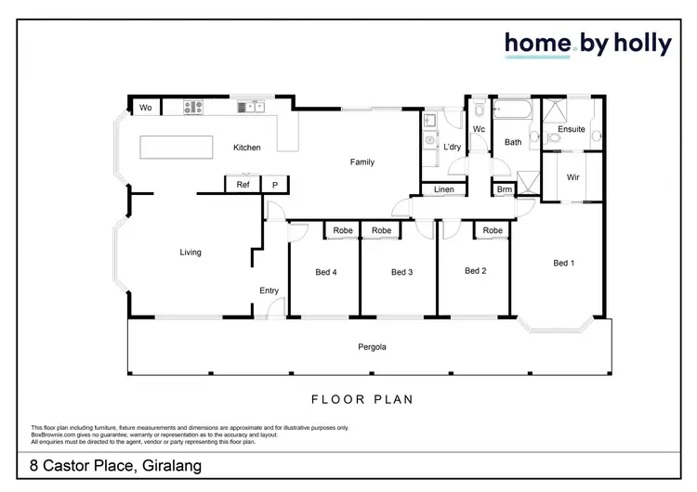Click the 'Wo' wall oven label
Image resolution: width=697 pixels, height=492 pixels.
(x=146, y=108)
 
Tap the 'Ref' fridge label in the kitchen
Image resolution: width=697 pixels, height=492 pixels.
(x=243, y=185)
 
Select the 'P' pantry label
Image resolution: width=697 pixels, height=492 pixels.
(x=275, y=185)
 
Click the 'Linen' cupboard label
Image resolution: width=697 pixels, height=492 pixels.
(x=444, y=190)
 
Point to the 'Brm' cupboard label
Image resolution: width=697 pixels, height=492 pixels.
(x=504, y=190)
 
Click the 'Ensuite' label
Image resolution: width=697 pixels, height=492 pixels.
(x=572, y=129)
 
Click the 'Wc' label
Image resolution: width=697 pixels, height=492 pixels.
(x=480, y=129)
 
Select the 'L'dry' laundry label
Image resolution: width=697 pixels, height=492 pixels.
(x=453, y=147)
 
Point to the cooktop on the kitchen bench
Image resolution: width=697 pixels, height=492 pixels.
(x=193, y=108)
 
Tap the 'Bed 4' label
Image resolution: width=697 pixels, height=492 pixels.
(x=325, y=272)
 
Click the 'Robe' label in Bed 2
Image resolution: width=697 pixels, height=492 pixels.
(x=493, y=230)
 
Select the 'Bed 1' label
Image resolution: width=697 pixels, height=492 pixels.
(x=564, y=263)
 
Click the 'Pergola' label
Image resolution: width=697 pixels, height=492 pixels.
(x=372, y=347)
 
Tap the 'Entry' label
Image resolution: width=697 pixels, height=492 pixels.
(x=269, y=291)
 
